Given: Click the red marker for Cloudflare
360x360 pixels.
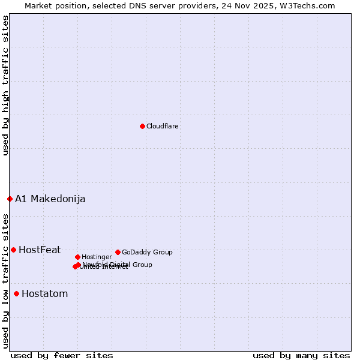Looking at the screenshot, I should click(142, 126).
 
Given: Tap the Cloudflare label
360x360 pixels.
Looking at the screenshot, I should click(163, 127).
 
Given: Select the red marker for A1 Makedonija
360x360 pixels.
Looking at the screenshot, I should click(10, 199).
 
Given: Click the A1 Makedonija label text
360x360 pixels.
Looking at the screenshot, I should click(50, 199).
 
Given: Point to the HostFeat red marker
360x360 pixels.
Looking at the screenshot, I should click(13, 250).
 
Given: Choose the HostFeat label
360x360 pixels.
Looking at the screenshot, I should click(40, 250).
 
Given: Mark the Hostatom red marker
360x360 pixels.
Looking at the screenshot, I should click(16, 293).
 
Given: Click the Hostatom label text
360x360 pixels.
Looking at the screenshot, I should click(45, 294).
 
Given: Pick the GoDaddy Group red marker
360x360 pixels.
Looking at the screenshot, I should click(118, 252).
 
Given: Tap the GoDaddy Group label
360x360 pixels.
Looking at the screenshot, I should click(147, 253).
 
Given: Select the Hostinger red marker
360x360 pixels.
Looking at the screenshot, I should click(77, 257).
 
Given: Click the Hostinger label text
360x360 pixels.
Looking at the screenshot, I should click(97, 257).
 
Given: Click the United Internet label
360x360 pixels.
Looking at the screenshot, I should click(104, 267).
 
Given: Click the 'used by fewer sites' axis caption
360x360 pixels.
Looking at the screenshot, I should click(62, 355).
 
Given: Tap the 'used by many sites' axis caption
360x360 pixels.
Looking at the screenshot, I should click(301, 355).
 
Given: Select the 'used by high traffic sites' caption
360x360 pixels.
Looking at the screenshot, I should click(5, 86).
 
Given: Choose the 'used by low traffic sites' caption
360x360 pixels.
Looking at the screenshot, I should click(5, 280).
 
